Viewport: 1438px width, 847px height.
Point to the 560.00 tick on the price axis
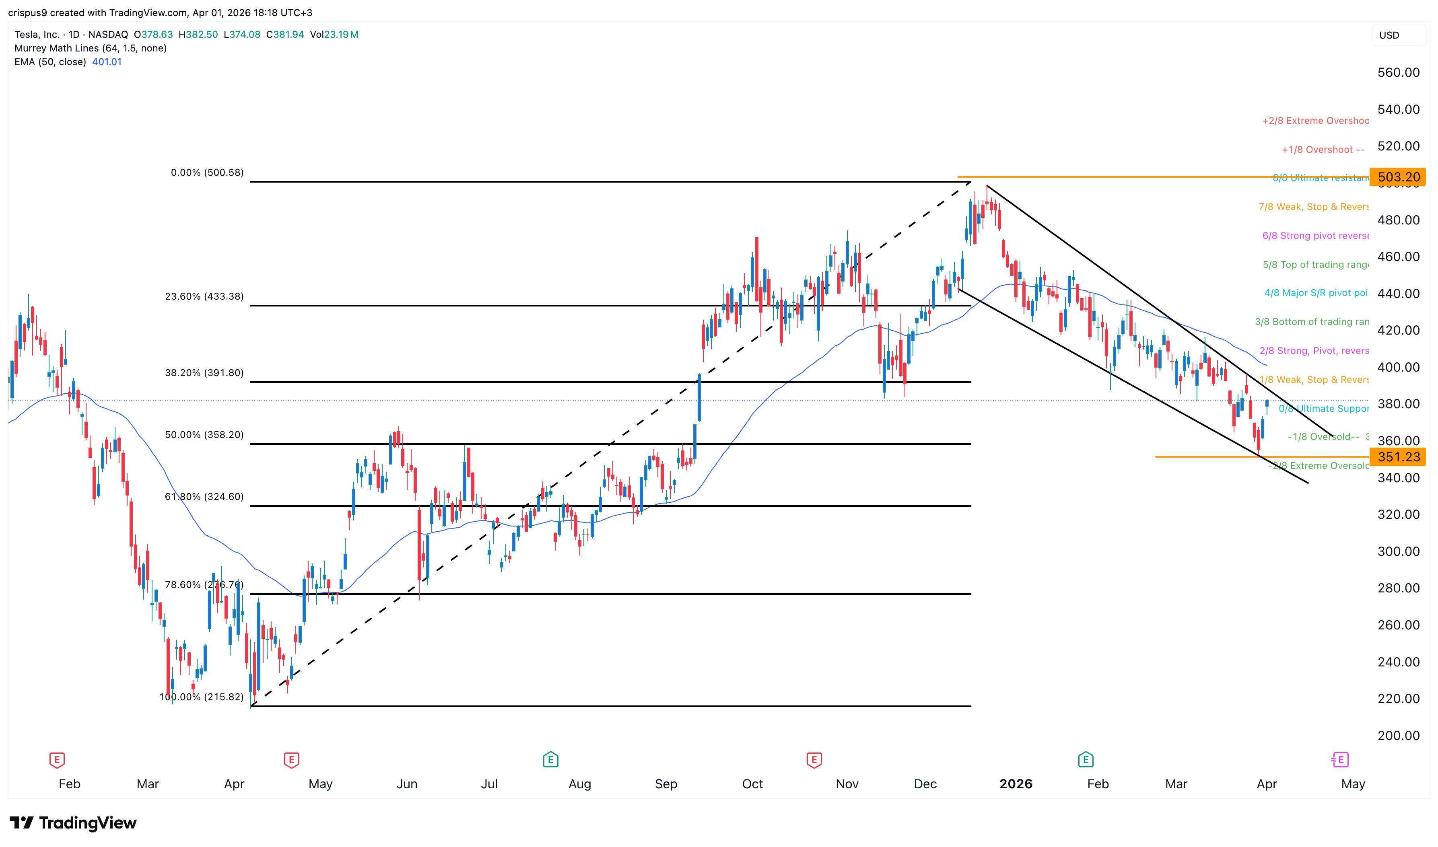pos(1398,72)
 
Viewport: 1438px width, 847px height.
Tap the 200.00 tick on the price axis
pos(1398,735)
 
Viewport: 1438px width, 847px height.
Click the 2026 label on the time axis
pos(1016,783)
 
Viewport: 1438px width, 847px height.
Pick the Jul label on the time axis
pos(489,783)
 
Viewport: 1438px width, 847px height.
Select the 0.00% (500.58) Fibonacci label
pos(207,173)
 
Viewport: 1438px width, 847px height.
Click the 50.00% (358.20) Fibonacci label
pos(204,434)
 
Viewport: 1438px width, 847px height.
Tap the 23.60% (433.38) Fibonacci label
pos(204,296)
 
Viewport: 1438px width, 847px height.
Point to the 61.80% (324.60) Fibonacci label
pos(204,497)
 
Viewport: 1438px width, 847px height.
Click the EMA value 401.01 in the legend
pos(107,62)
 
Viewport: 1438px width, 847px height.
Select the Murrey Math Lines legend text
pos(90,48)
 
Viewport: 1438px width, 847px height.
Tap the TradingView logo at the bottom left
pos(73,822)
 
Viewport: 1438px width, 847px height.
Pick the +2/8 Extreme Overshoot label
pos(1315,120)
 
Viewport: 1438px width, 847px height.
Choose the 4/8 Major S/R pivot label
pos(1316,293)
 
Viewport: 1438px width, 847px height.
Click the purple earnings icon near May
pos(1339,760)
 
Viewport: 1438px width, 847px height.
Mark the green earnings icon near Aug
pos(550,760)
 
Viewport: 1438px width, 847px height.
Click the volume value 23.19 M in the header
pos(341,34)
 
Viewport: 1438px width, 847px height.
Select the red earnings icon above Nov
pos(814,760)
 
